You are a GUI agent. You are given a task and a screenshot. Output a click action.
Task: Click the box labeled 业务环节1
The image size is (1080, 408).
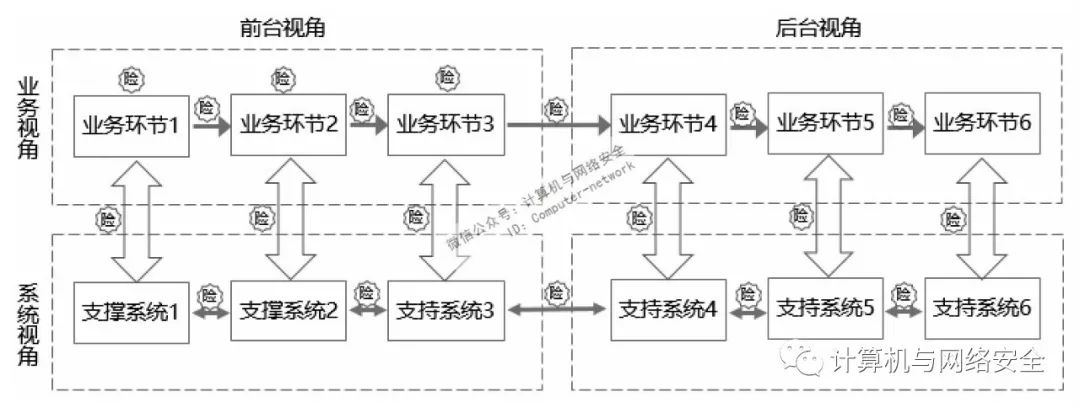click(x=132, y=125)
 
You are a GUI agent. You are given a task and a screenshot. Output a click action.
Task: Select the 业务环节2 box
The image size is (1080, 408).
click(x=288, y=125)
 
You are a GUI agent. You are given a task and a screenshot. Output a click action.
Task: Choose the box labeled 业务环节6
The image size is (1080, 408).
click(x=981, y=125)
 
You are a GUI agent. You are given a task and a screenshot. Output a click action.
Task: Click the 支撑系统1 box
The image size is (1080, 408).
click(x=132, y=309)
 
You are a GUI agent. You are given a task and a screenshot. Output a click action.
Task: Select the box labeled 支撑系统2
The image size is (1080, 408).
click(x=288, y=309)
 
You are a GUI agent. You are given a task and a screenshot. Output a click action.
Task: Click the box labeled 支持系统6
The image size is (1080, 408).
click(x=981, y=309)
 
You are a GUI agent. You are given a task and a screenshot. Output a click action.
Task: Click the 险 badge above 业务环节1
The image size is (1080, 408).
click(x=129, y=78)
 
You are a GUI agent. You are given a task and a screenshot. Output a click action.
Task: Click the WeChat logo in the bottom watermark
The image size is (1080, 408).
click(x=805, y=357)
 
